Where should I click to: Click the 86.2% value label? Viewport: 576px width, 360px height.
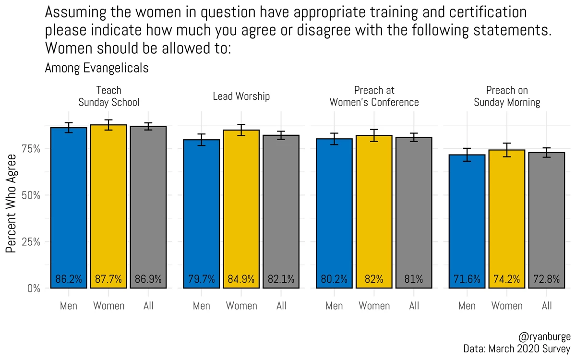tap(69, 279)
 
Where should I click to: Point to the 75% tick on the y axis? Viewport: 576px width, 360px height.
tap(31, 149)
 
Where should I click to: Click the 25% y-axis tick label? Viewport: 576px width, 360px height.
tap(31, 242)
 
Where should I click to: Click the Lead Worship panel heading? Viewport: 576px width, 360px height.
tap(241, 96)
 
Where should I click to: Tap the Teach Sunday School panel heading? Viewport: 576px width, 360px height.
tap(108, 96)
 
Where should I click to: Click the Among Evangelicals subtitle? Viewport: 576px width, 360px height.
tap(96, 68)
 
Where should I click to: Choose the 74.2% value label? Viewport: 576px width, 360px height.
tap(507, 279)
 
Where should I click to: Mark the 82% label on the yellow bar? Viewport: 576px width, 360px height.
tap(374, 279)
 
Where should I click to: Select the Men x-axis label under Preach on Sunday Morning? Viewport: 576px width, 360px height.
tap(467, 306)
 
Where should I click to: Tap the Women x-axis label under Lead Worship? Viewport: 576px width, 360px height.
tap(241, 306)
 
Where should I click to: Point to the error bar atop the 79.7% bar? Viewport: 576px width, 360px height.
tap(202, 140)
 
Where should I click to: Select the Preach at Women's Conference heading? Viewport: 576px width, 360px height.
tap(374, 96)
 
